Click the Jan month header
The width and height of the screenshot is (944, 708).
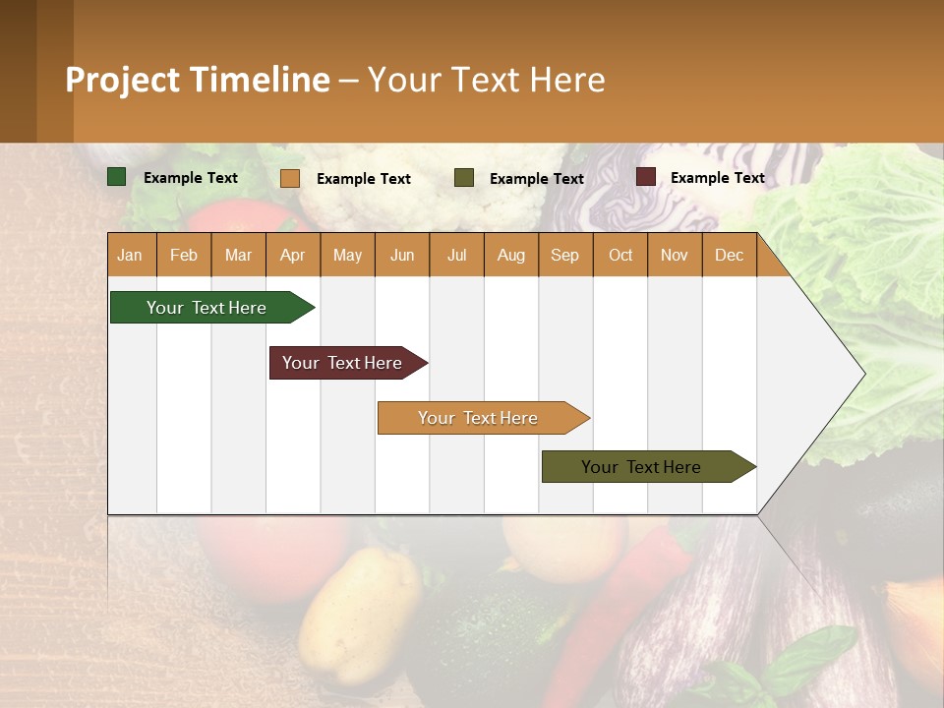click(x=131, y=255)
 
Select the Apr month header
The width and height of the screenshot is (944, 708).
click(x=293, y=255)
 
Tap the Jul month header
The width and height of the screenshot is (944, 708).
click(x=456, y=255)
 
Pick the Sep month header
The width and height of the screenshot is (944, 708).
click(x=565, y=255)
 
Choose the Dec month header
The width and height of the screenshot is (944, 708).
click(x=729, y=255)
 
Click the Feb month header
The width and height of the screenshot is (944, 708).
click(x=184, y=255)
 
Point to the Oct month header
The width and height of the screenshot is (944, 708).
click(x=620, y=255)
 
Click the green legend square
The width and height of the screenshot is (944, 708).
click(x=117, y=177)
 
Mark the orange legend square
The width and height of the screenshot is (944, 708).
click(x=289, y=178)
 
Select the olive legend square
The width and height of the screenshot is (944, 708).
click(x=464, y=178)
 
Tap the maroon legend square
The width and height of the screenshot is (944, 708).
click(x=645, y=177)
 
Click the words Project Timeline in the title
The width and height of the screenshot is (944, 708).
click(x=197, y=80)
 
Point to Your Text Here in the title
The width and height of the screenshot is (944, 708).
click(x=487, y=80)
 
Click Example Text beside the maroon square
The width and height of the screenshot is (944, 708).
click(x=717, y=178)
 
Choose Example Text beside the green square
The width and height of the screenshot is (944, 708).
click(x=191, y=178)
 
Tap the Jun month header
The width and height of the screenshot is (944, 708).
click(x=402, y=255)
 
